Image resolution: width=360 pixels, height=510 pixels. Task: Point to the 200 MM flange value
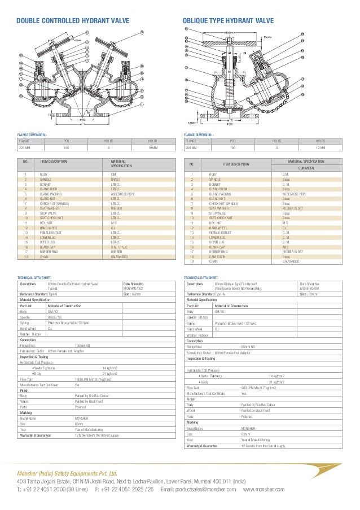(192, 148)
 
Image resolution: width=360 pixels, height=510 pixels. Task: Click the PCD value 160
(232, 148)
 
